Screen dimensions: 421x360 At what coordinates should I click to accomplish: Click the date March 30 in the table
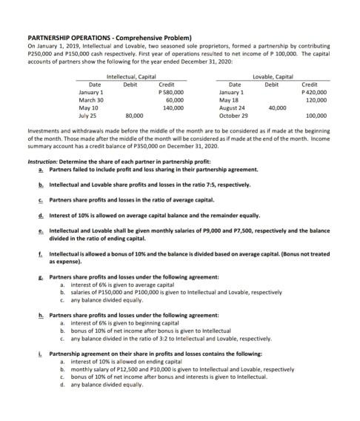[x=90, y=99]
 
